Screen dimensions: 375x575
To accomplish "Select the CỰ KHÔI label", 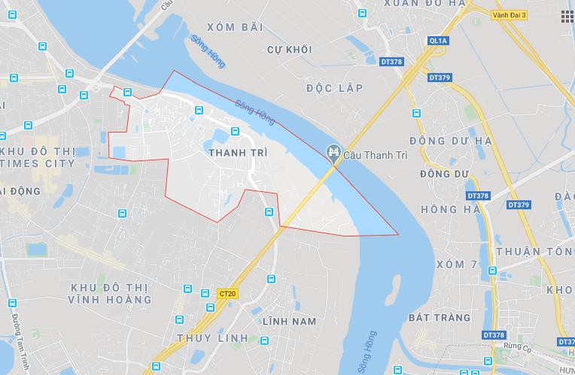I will tap(289, 50).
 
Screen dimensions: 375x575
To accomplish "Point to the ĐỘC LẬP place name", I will tap(335, 88).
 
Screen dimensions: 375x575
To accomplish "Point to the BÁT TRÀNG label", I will tap(440, 318).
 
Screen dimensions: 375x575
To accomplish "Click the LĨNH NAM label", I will tap(289, 322).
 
